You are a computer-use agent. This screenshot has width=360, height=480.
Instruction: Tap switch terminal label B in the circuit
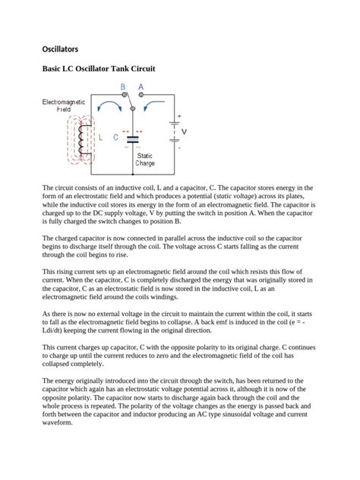123,87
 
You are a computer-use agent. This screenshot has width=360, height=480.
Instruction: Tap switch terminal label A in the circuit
141,87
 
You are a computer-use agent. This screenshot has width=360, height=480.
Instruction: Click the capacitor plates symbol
132,138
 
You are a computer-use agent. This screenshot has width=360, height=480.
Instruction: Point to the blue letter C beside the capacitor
115,138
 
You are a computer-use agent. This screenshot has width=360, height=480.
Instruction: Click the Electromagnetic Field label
59,106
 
